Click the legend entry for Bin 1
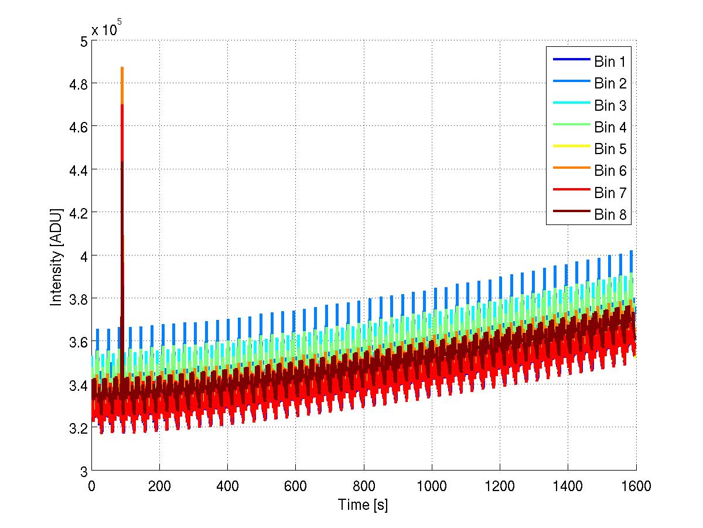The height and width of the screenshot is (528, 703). coord(610,62)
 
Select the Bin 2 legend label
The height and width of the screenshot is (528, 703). coord(610,83)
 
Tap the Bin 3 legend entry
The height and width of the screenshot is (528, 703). coord(610,105)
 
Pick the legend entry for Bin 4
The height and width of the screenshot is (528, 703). coord(610,127)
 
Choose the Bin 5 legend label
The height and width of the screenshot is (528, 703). coord(610,149)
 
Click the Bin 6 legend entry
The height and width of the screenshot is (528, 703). coord(610,171)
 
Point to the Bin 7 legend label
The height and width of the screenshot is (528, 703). coord(610,193)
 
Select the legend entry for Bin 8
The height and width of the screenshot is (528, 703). coord(610,214)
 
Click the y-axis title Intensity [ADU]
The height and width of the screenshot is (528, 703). coord(56,256)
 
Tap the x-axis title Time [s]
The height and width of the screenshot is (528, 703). coord(363,505)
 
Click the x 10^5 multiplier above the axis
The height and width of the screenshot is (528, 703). coord(106,29)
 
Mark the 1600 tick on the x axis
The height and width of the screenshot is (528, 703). coord(635,486)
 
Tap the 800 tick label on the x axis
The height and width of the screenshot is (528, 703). coord(363,486)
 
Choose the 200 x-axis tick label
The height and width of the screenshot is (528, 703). coord(159,486)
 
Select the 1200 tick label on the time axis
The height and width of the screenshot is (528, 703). coord(499,486)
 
